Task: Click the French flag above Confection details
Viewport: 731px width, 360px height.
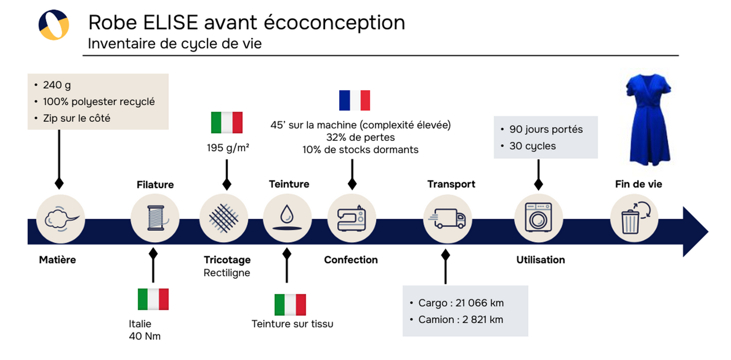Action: click(x=354, y=100)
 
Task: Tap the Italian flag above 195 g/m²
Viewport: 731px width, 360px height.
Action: click(x=227, y=122)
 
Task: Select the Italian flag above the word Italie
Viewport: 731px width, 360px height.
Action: click(x=153, y=299)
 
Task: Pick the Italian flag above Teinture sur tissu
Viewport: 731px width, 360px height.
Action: click(x=290, y=304)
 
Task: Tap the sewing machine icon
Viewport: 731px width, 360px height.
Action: click(x=351, y=218)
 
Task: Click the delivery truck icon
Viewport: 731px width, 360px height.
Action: click(x=447, y=218)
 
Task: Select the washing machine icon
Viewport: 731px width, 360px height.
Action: click(x=538, y=217)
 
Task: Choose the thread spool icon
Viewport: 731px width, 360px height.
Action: click(x=155, y=218)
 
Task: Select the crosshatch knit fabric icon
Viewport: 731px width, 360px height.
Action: click(x=223, y=218)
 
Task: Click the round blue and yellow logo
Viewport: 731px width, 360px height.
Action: click(x=54, y=25)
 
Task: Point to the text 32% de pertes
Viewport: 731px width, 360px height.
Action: click(x=360, y=137)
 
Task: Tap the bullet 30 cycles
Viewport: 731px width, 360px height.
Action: click(x=532, y=146)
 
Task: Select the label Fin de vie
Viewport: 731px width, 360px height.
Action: click(x=638, y=185)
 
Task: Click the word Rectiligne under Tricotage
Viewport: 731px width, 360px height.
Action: click(x=227, y=273)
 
